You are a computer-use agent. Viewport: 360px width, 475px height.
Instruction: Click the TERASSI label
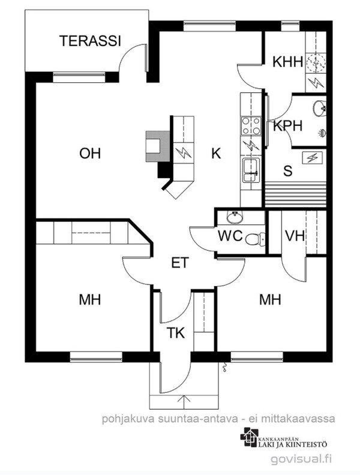point(91,41)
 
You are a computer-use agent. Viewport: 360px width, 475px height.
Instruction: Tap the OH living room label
point(90,154)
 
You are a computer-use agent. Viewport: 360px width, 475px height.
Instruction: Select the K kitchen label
point(216,154)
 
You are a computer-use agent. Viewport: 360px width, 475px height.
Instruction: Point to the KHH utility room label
point(287,62)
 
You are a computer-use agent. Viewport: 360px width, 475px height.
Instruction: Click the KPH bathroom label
point(287,126)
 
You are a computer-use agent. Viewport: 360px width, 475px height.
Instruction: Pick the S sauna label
point(288,171)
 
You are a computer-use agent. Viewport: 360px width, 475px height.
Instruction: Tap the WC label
point(230,235)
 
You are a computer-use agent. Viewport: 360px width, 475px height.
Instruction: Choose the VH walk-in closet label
point(295,235)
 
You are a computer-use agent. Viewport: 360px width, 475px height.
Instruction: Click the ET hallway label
point(180,263)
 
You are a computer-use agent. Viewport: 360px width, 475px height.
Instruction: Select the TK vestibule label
point(176,333)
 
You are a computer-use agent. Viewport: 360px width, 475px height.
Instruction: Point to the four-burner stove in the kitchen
point(251,126)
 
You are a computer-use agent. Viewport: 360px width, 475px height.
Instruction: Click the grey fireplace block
point(158,146)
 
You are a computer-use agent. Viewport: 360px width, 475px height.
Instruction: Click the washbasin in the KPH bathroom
point(319,107)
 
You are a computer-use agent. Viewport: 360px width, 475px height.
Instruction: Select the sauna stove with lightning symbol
point(312,158)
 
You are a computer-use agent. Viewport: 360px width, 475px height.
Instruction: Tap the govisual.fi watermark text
point(301,459)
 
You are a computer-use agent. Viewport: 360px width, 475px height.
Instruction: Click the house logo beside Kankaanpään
point(249,437)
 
